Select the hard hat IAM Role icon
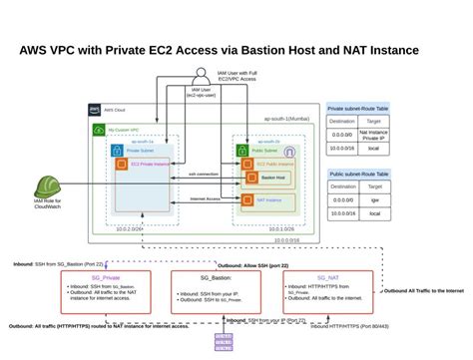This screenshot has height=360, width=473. pos(46,186)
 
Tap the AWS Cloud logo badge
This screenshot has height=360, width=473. pos(95,110)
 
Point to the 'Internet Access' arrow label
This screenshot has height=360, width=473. pos(204,195)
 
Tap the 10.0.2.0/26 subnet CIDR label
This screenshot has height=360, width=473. pos(131,228)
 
